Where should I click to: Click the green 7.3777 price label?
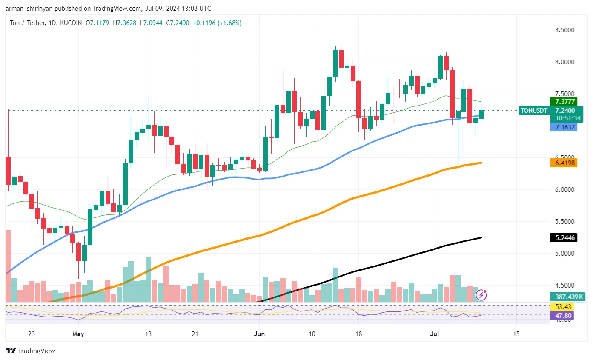coord(563,102)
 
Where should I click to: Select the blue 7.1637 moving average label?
coord(563,127)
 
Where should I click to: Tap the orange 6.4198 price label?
coord(563,163)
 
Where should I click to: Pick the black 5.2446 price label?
coord(563,238)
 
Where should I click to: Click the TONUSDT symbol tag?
coord(533,111)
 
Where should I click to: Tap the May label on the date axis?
coord(78,334)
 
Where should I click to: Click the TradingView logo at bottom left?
coord(30,351)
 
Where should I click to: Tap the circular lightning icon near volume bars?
coord(481,295)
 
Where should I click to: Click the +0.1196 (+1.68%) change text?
coord(217,23)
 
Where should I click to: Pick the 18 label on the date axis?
coord(359,334)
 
